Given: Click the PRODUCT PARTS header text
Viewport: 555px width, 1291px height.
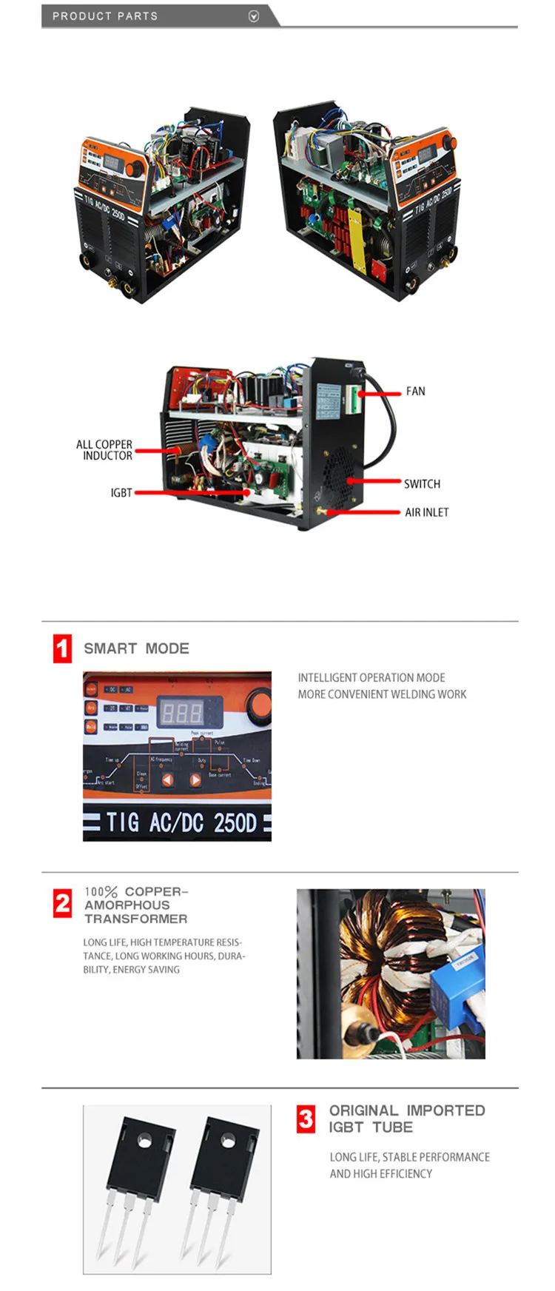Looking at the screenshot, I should (x=105, y=16).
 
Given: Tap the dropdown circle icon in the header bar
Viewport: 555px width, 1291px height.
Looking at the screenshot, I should (x=254, y=16).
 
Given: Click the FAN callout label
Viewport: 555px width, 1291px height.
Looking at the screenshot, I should (x=415, y=391).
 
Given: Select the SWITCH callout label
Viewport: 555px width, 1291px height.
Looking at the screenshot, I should (x=422, y=483).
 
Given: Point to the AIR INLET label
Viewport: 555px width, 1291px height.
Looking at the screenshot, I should (x=426, y=512).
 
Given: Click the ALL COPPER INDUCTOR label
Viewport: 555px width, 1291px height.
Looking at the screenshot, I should (x=104, y=450).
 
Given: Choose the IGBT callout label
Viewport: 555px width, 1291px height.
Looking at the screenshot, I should (x=121, y=492).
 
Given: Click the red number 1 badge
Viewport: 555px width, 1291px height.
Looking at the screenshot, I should (x=63, y=648).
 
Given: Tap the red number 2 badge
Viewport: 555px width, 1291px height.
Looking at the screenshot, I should (x=63, y=903).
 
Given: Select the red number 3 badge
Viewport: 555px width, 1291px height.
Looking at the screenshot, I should (x=306, y=1119).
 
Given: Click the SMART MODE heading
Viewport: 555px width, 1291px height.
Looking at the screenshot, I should (x=136, y=648).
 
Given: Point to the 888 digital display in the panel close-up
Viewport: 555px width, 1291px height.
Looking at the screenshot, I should (x=182, y=714).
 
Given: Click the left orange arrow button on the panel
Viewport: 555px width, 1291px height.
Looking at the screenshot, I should (x=168, y=779).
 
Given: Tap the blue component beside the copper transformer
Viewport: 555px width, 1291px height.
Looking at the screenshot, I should (x=456, y=977).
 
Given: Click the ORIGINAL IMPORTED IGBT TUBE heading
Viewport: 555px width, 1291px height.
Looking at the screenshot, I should (x=407, y=1119).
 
